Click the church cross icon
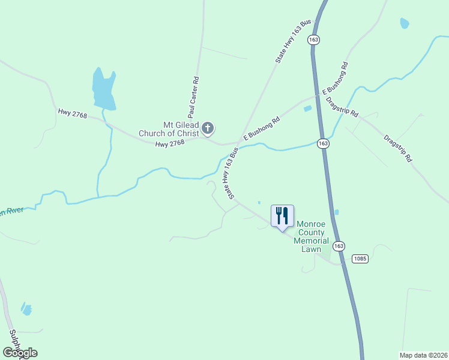(208, 127)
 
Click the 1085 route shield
(360, 259)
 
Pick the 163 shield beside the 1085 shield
(339, 246)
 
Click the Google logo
(20, 352)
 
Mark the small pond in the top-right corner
(405, 23)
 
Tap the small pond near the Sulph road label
(26, 309)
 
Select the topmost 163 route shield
(313, 40)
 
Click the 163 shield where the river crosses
(324, 143)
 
